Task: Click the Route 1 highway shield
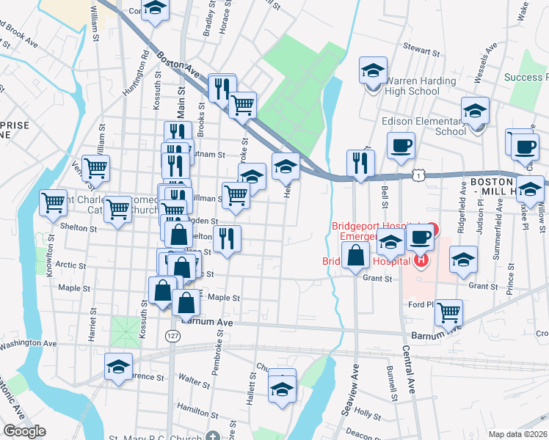coord(418,175)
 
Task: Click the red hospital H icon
coord(421,259)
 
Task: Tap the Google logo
coord(24,431)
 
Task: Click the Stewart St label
coord(424,54)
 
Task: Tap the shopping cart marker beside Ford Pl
coord(448,312)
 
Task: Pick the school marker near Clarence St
coord(117,367)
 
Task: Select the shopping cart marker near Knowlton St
coord(52,202)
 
